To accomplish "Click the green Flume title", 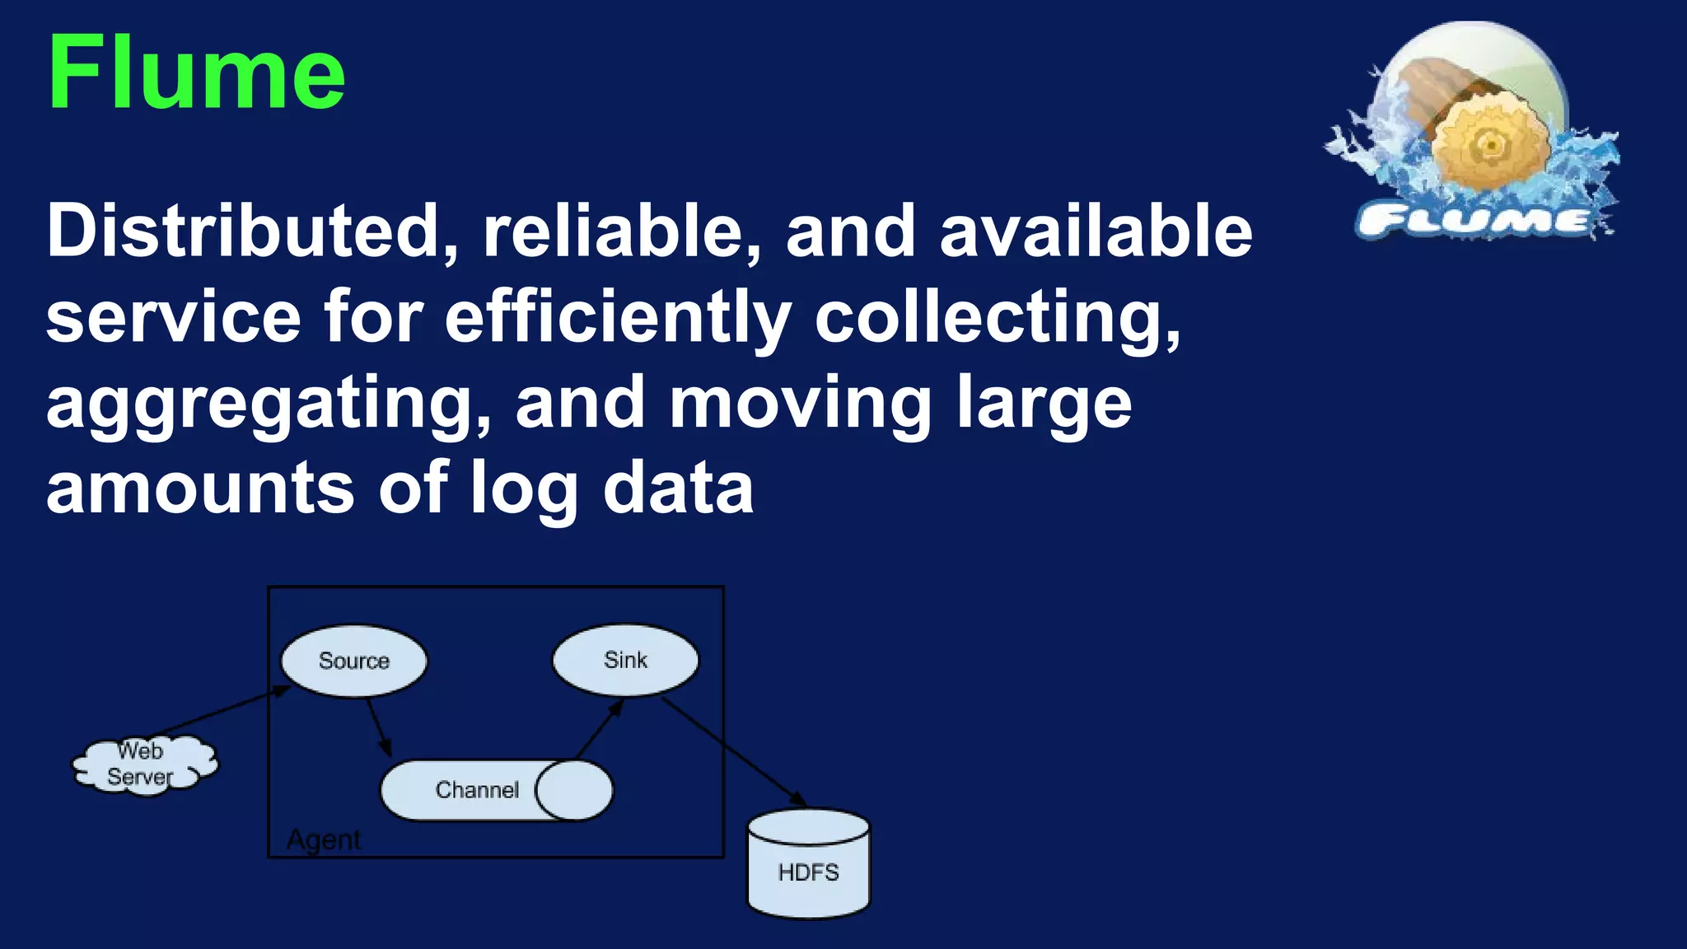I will [196, 72].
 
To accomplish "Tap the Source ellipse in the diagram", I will [354, 661].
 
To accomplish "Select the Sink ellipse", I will [625, 660].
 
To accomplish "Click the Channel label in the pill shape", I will [477, 790].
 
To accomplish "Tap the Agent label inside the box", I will [324, 839].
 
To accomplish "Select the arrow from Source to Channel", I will [379, 727].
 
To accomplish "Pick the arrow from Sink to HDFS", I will [733, 750].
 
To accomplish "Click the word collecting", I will [997, 318].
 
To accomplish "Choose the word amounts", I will [199, 488].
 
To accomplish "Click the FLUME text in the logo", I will [1474, 221].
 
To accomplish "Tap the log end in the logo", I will [1490, 147].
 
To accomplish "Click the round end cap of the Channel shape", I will [575, 790].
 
